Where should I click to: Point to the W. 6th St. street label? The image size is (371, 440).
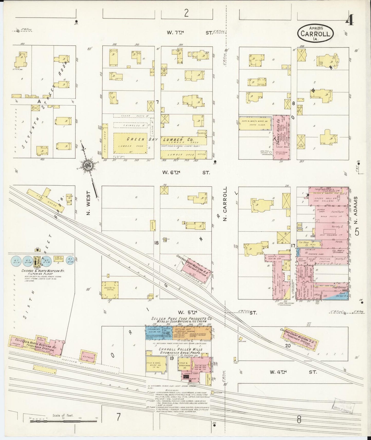click(186, 173)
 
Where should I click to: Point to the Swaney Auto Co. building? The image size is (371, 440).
click(281, 138)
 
